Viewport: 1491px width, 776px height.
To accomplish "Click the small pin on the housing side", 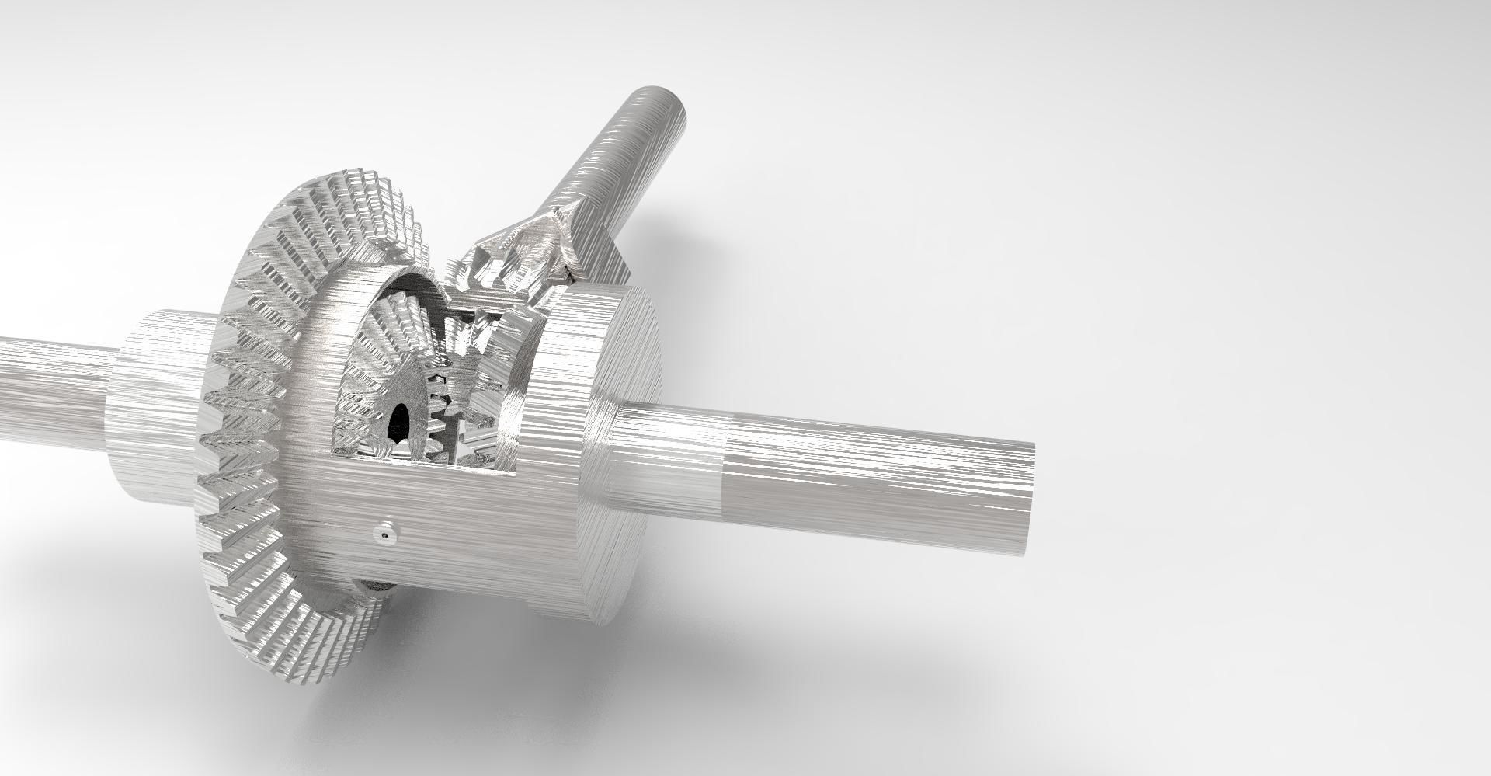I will pyautogui.click(x=385, y=534).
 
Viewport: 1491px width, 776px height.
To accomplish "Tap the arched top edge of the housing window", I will pyautogui.click(x=404, y=284).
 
